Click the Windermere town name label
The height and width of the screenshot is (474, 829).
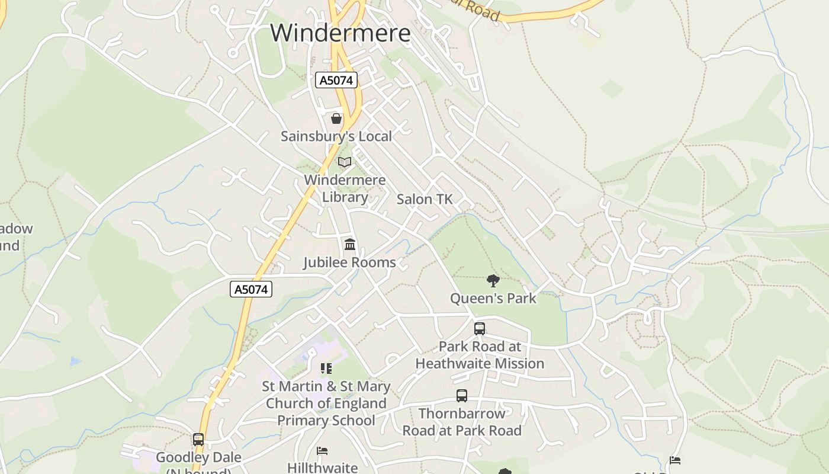[x=340, y=33]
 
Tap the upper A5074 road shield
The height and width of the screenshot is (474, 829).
[x=336, y=80]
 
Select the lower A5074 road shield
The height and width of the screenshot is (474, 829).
[x=251, y=289]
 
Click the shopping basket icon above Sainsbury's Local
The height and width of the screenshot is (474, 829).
[x=336, y=118]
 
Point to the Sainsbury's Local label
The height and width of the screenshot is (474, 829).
[x=336, y=136]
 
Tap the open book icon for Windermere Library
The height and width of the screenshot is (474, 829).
[x=345, y=162]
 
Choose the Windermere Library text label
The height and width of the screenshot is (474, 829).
[x=345, y=188]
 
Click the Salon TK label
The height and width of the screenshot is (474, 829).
[x=425, y=199]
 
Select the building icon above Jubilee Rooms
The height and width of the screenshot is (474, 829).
[x=350, y=244]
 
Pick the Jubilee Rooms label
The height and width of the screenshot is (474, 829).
[x=349, y=262]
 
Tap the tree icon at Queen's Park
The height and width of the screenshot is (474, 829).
[x=493, y=280]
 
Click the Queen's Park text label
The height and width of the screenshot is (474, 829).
[x=493, y=298]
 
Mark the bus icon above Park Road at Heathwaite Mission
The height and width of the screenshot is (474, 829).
[x=480, y=328]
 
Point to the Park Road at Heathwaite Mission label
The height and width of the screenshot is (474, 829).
[x=480, y=355]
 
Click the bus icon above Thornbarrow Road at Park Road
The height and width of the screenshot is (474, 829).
[x=462, y=395]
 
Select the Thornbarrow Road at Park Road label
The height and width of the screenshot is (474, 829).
[x=462, y=422]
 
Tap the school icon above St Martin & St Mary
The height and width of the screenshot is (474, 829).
[x=326, y=369]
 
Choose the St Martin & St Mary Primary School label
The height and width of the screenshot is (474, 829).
[x=326, y=403]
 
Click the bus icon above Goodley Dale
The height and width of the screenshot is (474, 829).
[x=198, y=440]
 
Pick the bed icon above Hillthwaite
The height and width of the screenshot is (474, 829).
[x=322, y=451]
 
